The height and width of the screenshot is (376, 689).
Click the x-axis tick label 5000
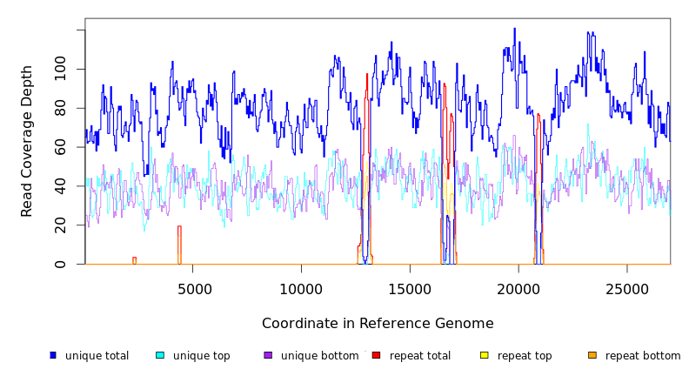[193, 289]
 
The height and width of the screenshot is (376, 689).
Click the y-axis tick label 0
[60, 265]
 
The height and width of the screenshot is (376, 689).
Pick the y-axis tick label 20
[60, 225]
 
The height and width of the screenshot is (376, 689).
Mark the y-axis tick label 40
[60, 186]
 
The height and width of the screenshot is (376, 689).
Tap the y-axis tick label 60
[60, 147]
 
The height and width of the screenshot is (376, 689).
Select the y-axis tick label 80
[60, 108]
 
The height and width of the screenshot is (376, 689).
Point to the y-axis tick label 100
[60, 69]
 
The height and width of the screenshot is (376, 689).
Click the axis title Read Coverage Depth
[27, 141]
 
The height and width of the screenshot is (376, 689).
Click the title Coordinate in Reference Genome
[378, 324]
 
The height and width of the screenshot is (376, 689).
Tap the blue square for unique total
[53, 355]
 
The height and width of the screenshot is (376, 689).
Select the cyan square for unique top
[160, 355]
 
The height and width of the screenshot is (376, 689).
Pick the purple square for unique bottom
[268, 355]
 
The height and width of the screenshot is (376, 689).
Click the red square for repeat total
[376, 355]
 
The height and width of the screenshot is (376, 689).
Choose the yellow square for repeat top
[485, 355]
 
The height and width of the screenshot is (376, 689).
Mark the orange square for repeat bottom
[592, 355]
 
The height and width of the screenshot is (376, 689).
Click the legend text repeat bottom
[643, 356]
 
